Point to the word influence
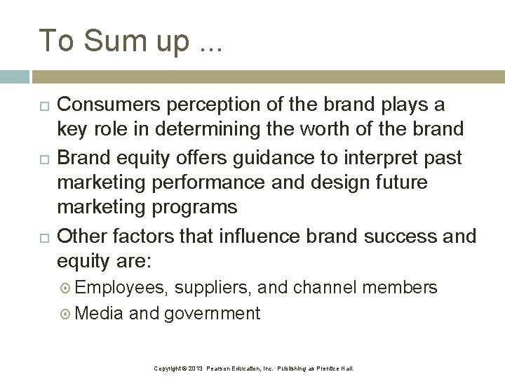(x=257, y=237)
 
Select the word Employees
(x=119, y=287)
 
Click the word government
(x=212, y=313)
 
